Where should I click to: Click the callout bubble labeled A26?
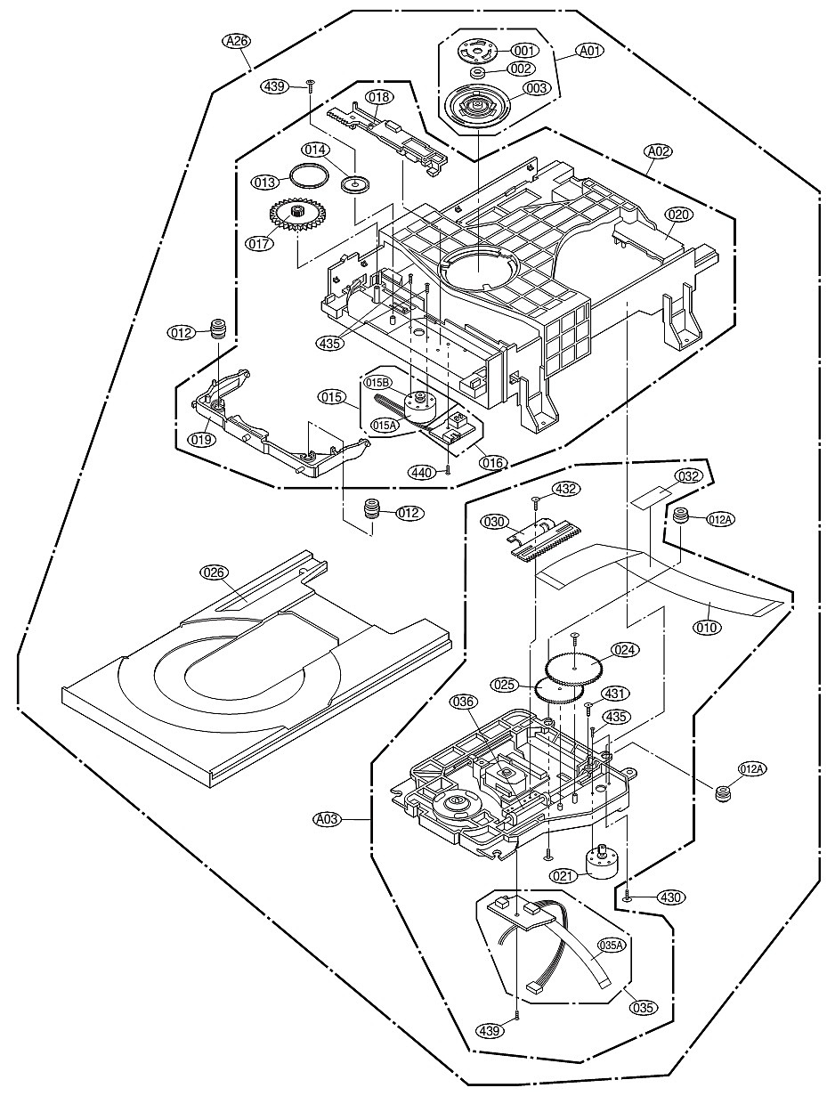pos(236,41)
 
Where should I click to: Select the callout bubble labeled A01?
pos(589,51)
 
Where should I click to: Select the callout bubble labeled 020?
pos(679,215)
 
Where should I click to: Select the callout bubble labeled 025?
pos(505,685)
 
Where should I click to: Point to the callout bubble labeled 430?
pos(670,897)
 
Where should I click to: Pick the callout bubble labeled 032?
pos(688,476)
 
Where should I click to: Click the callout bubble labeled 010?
pos(709,627)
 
